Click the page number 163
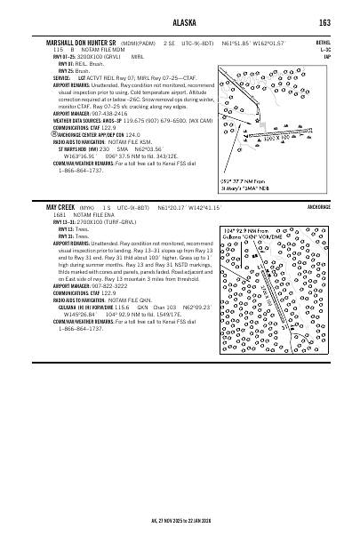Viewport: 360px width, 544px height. (325, 22)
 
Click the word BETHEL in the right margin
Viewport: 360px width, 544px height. (324, 42)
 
